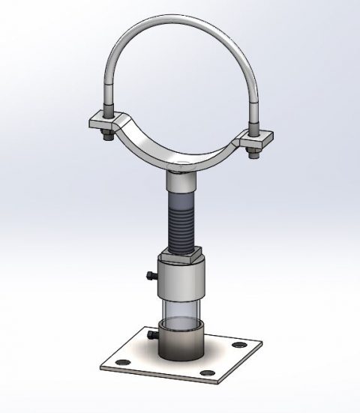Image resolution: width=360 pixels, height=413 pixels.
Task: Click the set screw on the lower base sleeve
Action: click(151, 335)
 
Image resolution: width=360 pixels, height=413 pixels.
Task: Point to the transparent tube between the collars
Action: click(181, 312)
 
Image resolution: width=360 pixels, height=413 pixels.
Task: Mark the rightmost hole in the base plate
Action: click(239, 345)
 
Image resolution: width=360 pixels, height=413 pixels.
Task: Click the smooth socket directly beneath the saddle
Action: click(181, 181)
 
